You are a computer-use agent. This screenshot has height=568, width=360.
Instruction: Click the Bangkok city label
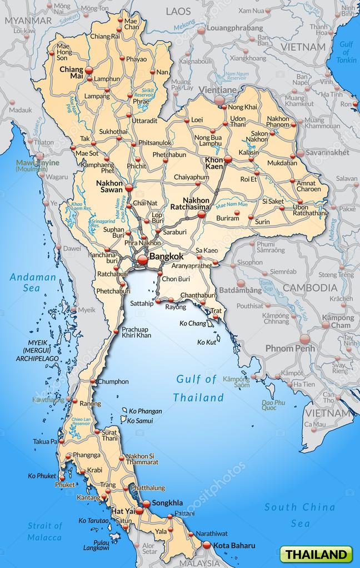click(x=166, y=257)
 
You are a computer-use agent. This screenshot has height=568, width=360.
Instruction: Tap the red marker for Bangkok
click(x=142, y=259)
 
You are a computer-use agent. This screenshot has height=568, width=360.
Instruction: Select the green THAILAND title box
click(x=318, y=554)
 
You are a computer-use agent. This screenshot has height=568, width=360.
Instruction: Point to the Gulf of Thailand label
click(x=198, y=388)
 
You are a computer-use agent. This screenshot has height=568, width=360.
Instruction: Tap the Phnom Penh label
click(x=290, y=348)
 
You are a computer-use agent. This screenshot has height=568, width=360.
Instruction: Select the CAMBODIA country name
click(x=310, y=287)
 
